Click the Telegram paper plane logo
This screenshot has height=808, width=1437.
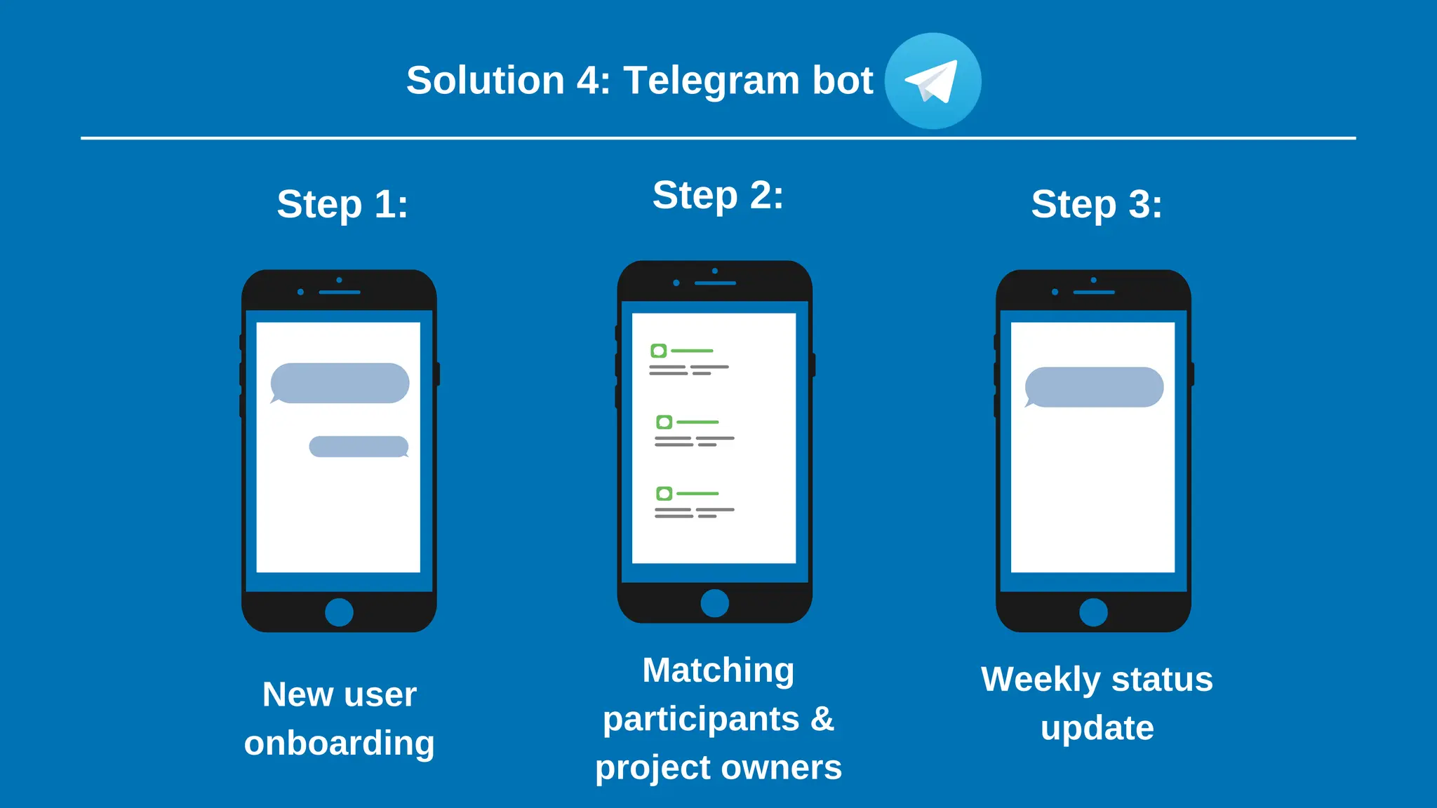point(933,81)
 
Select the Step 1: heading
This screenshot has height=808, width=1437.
point(342,204)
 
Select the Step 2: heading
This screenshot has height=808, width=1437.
point(718,195)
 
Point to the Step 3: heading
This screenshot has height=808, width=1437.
point(1096,204)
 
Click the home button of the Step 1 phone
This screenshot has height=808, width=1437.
point(339,612)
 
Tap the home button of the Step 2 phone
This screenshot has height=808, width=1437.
point(714,602)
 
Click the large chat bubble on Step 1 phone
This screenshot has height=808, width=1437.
point(340,383)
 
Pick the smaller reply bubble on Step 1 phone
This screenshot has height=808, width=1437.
point(359,447)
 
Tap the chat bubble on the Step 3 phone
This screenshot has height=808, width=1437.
point(1094,387)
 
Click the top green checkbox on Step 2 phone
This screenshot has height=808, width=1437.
point(658,351)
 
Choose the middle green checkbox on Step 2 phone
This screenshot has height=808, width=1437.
point(664,422)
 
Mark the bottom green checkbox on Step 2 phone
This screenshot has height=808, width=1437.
point(664,494)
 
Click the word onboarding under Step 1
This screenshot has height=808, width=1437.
point(339,743)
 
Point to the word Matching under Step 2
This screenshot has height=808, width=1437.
point(718,671)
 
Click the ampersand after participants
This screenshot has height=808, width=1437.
point(822,719)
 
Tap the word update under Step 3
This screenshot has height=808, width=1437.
point(1097,728)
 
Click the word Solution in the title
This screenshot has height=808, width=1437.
point(485,81)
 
